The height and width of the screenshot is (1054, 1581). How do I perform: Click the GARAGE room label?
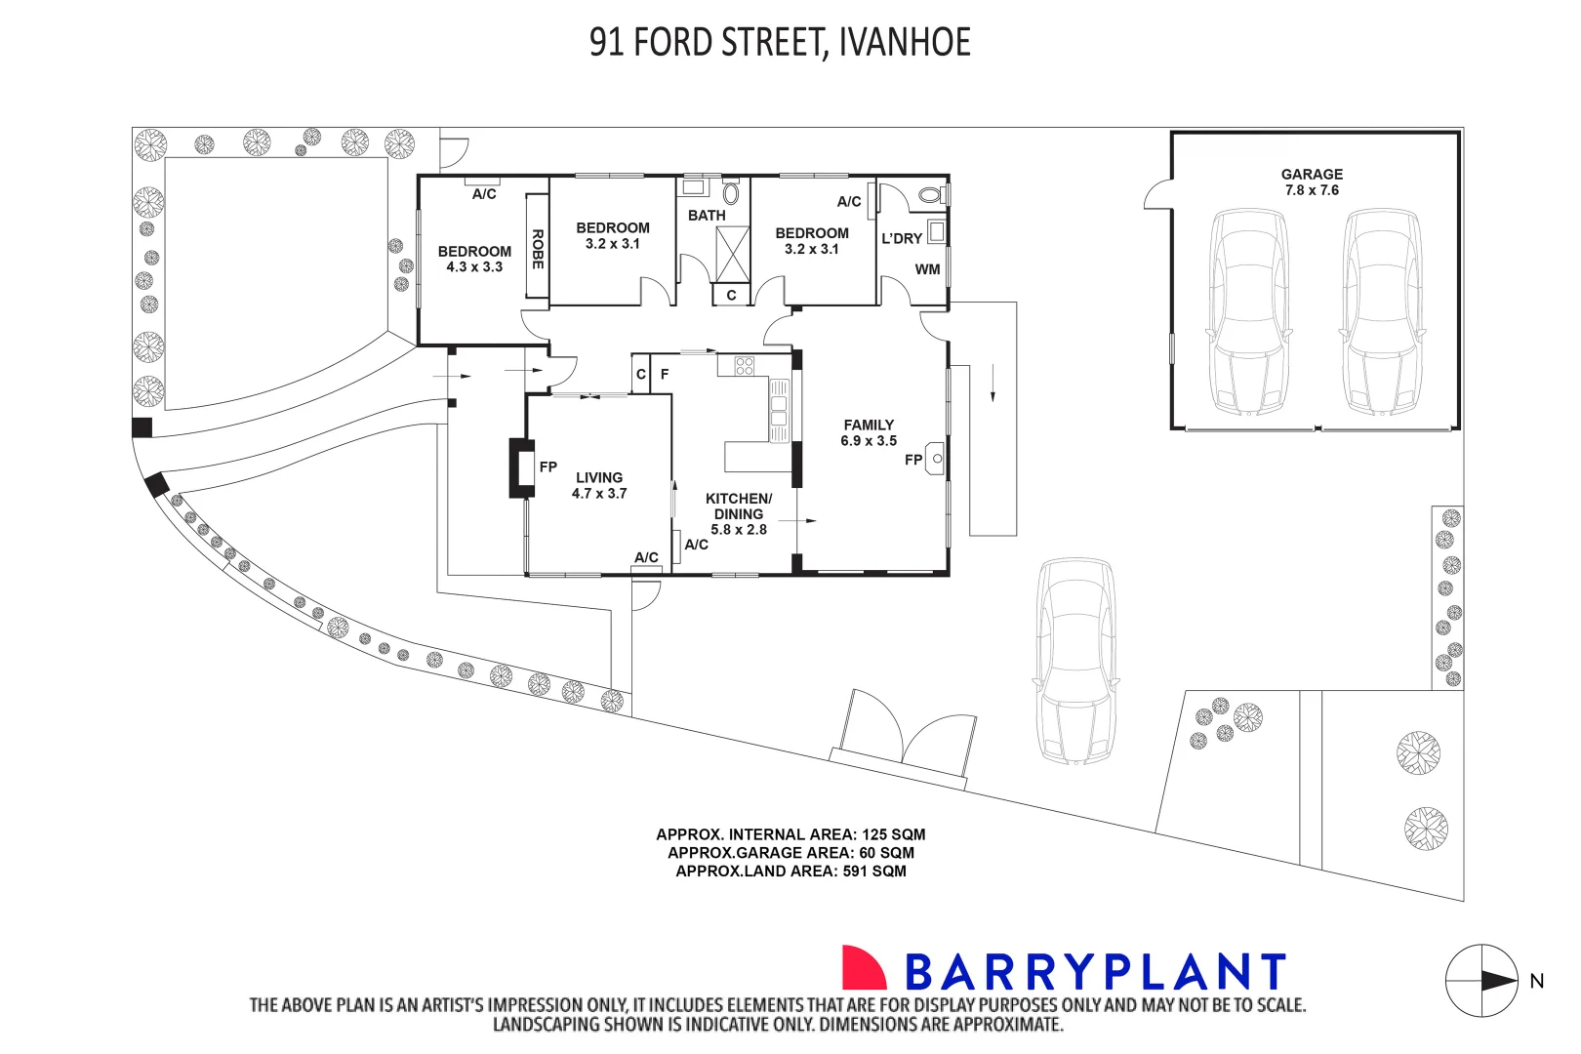(x=1312, y=174)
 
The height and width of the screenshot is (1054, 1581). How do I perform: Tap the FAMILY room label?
(x=869, y=425)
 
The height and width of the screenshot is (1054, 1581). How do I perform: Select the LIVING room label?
(x=599, y=478)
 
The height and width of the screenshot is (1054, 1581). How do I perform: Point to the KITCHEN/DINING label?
(x=738, y=507)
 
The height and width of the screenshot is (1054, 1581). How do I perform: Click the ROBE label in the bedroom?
(x=538, y=249)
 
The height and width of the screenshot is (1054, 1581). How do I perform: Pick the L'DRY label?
(x=902, y=239)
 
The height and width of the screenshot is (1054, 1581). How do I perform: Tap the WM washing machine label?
(x=927, y=269)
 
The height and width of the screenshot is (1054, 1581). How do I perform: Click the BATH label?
(x=707, y=216)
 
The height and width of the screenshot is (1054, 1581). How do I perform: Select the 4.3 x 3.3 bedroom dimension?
(x=474, y=266)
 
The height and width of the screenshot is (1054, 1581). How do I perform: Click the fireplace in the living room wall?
(x=521, y=468)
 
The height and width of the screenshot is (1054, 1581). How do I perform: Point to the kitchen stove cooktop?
(x=745, y=366)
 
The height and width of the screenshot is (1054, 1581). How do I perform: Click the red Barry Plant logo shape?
(x=864, y=967)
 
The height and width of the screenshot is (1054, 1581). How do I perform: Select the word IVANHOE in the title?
(x=904, y=42)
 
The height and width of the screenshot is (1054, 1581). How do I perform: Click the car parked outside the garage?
(x=1075, y=661)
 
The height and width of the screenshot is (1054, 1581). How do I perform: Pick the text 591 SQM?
(x=874, y=872)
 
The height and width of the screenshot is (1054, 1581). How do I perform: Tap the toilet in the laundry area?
(x=932, y=194)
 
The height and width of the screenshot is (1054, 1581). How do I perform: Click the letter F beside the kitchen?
(x=665, y=374)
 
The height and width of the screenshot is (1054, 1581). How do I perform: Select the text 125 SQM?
(x=894, y=834)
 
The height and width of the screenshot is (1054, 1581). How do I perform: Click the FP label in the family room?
(x=913, y=460)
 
